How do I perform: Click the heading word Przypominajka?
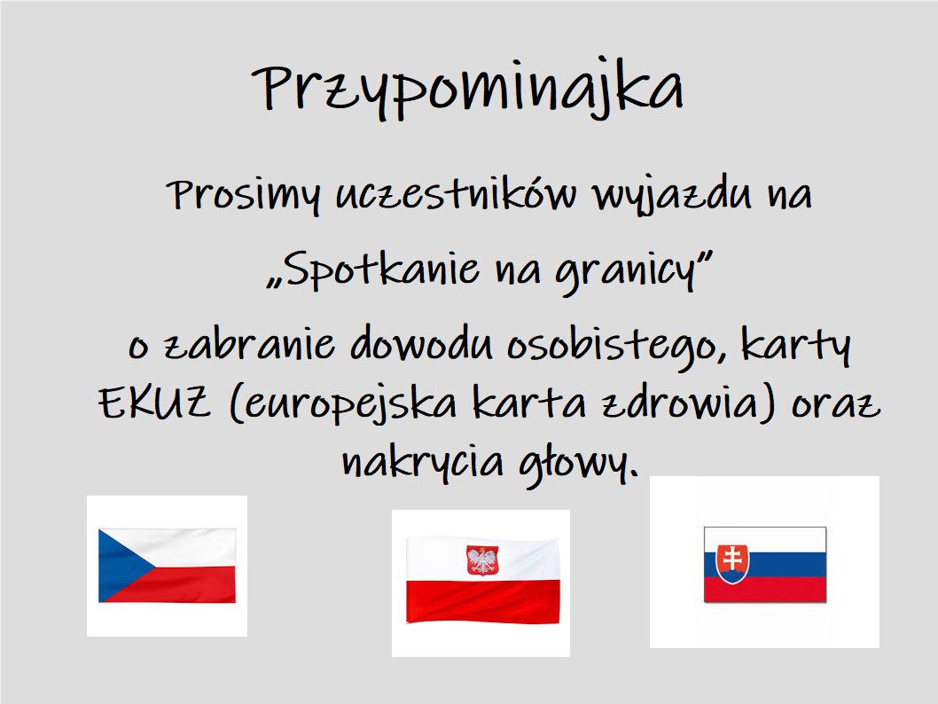[x=468, y=89]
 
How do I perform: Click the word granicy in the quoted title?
[x=626, y=272]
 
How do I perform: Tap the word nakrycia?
[x=422, y=463]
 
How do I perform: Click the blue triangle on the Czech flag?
[x=120, y=565]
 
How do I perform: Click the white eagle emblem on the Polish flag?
[x=481, y=560]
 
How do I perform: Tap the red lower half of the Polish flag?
[x=483, y=600]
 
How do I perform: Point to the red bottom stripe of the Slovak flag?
[x=765, y=590]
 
